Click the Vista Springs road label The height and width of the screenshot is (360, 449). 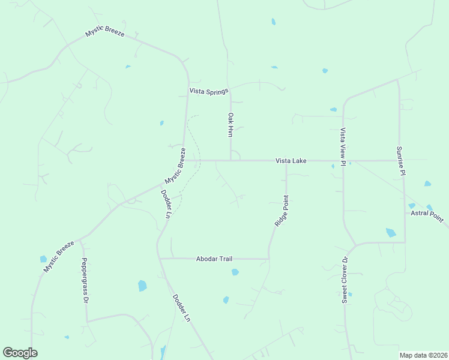click(209, 91)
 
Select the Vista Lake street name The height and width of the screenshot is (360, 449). click(291, 161)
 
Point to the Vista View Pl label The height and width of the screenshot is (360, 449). click(343, 146)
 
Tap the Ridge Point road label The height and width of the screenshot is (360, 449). click(282, 211)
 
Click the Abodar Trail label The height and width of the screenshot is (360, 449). click(214, 259)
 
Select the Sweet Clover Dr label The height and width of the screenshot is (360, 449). click(345, 280)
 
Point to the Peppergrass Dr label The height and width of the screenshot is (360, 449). click(86, 280)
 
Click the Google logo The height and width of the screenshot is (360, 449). click(20, 352)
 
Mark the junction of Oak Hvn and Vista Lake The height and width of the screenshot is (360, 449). click(231, 160)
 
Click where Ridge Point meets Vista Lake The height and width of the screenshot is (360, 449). click(286, 161)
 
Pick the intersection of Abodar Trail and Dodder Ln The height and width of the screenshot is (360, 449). click(159, 259)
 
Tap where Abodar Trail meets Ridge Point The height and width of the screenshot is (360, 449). click(268, 259)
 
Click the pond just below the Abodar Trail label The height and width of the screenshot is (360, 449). click(235, 272)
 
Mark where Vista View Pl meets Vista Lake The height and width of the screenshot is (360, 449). click(343, 161)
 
